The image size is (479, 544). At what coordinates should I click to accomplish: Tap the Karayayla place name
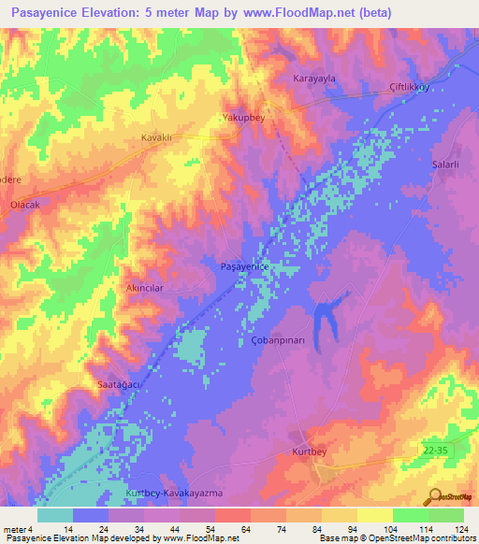314,79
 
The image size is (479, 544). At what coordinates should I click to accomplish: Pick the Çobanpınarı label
277,341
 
